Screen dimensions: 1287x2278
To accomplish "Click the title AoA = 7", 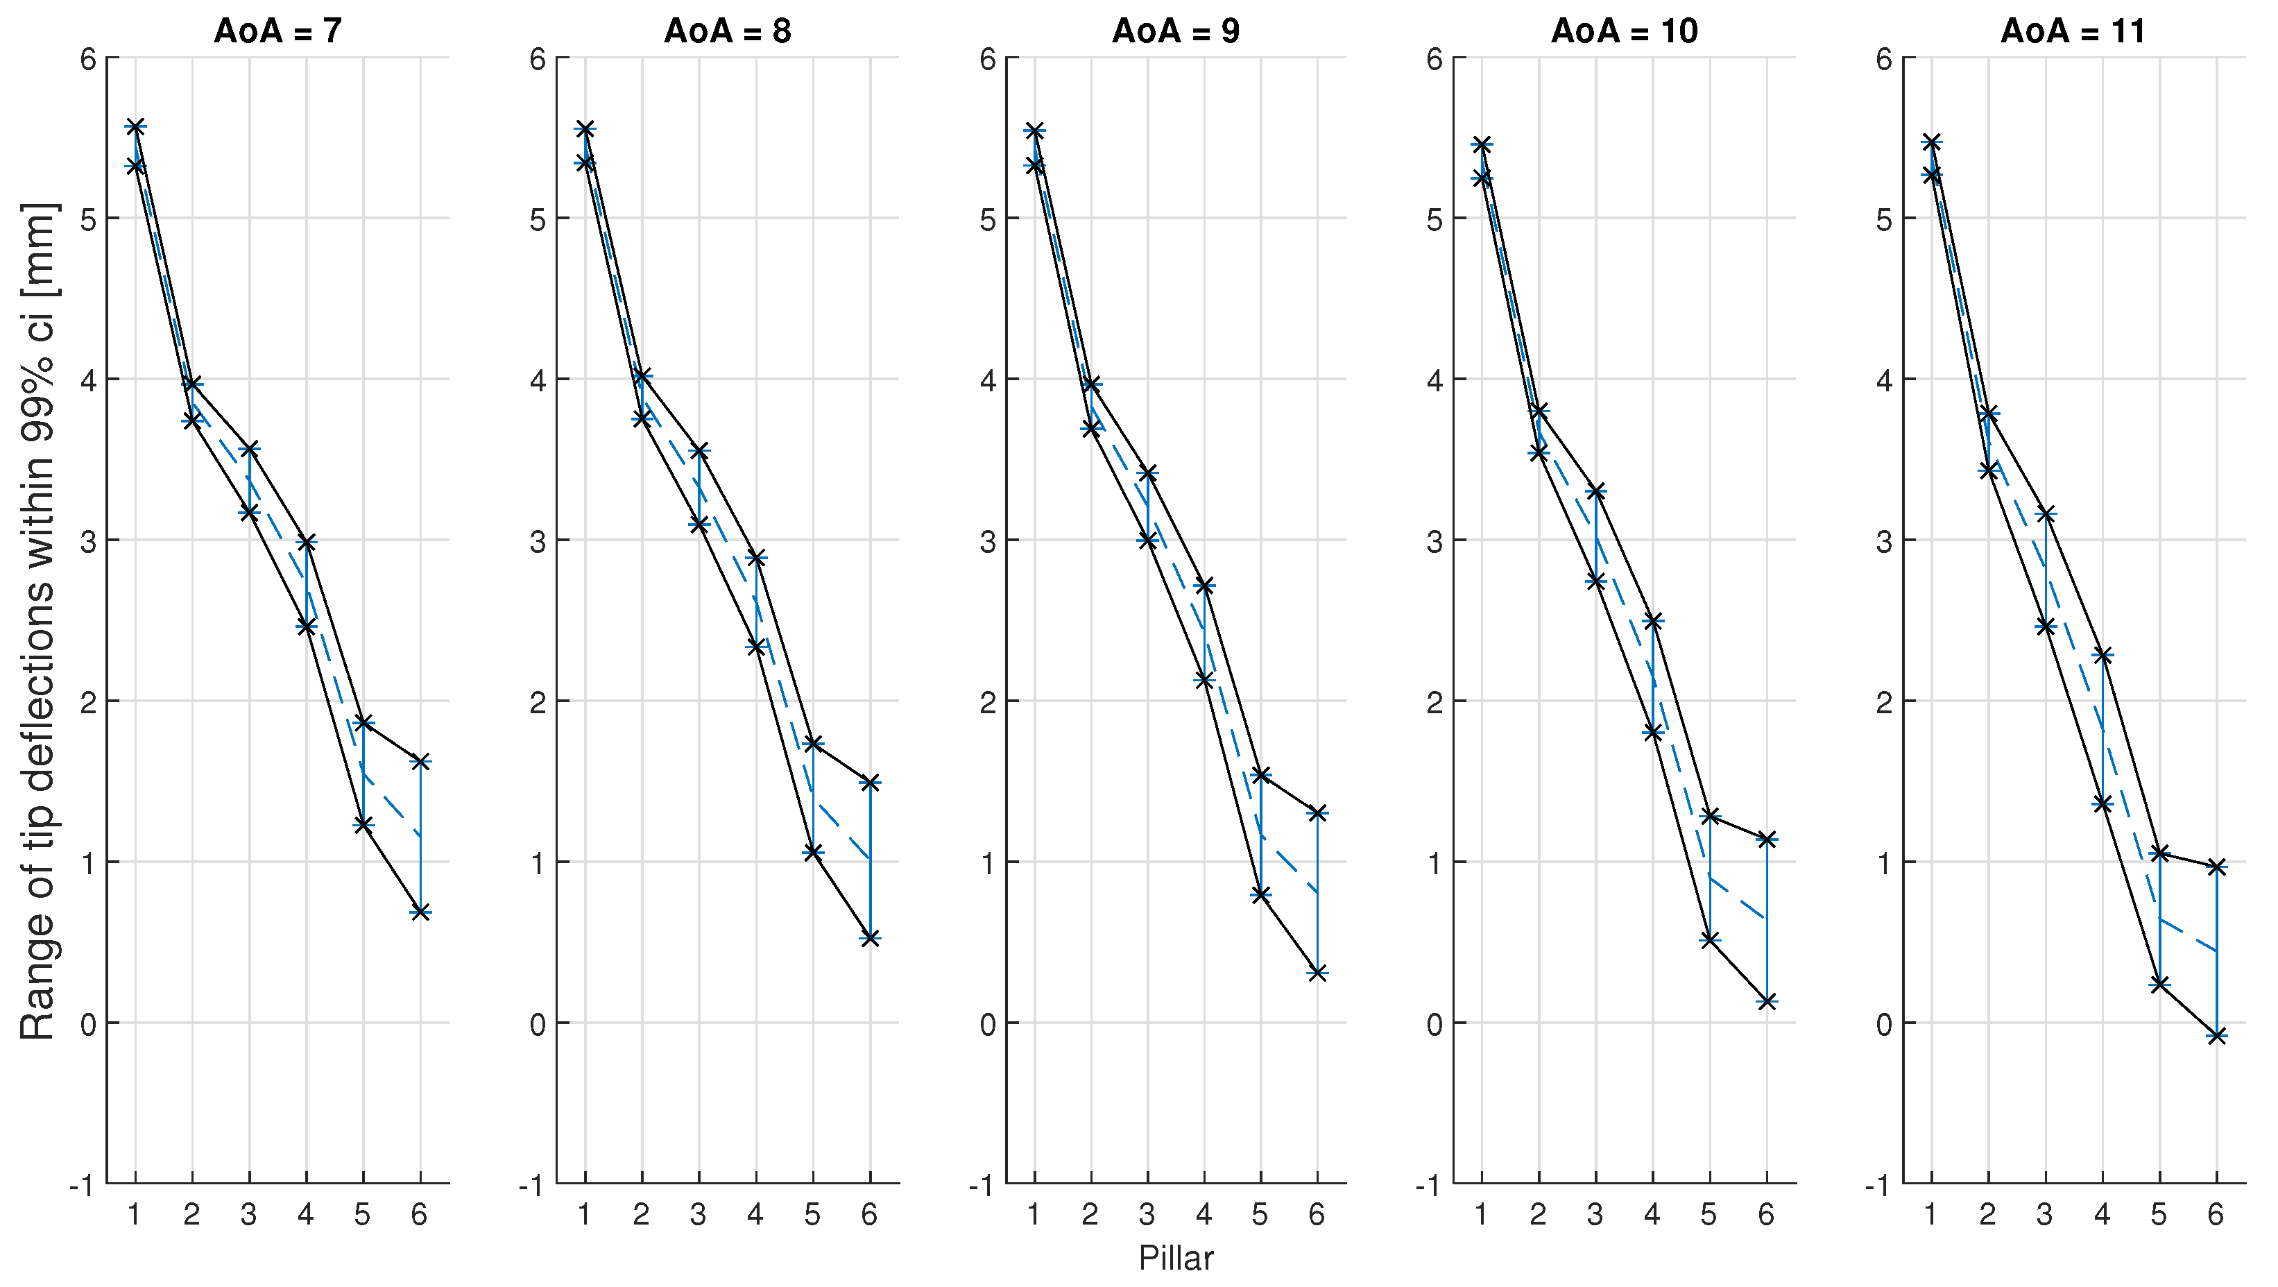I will coord(277,32).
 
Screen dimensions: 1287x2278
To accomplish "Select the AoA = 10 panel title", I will coord(1625,32).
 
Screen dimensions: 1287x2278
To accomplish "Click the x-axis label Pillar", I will coord(1175,1258).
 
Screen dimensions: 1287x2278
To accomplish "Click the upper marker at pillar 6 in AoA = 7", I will coord(420,762).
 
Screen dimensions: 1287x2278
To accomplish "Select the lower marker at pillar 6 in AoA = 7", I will coord(420,912).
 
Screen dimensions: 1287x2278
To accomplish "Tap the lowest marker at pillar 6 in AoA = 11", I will coord(2216,1036).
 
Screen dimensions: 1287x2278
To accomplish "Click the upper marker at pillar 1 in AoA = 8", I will coord(585,129).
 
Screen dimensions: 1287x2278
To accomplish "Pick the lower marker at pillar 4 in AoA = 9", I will coord(1204,679).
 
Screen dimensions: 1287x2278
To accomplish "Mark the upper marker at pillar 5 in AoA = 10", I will coord(1709,815).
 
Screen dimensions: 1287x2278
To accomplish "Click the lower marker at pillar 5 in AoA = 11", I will coord(2159,984).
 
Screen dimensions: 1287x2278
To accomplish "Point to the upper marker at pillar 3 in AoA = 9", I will coord(1148,473).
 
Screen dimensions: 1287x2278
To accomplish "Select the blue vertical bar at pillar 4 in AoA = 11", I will coord(2102,730).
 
